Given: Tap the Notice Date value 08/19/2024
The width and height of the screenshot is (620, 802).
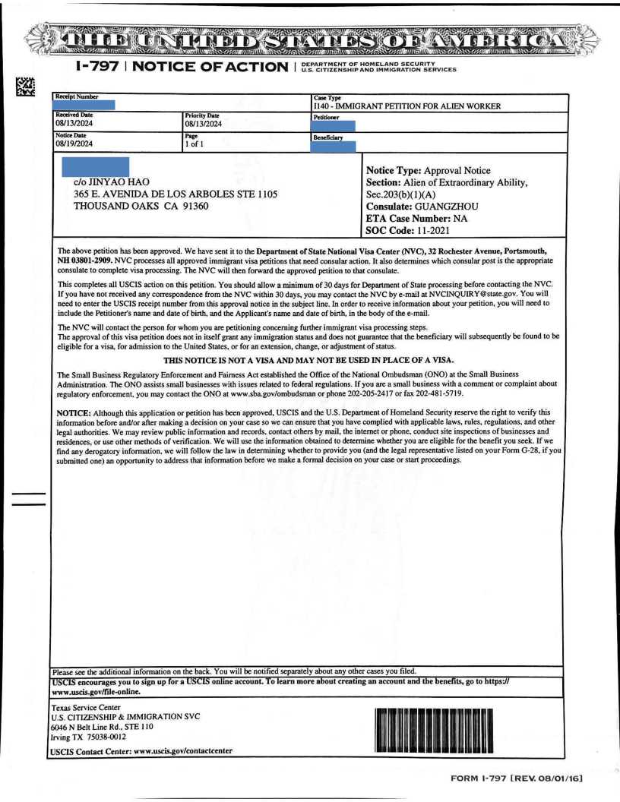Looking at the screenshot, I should [x=74, y=143].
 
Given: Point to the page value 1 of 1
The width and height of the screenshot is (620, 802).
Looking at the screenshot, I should [x=195, y=143].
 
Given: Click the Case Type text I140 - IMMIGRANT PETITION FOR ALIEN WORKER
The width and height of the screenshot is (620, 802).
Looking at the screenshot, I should [x=406, y=106].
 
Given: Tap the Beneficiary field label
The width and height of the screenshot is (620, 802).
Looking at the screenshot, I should [x=327, y=138].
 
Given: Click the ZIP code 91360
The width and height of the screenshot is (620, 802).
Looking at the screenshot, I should [x=180, y=207].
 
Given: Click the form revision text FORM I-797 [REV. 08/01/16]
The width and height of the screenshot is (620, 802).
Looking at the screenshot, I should [x=517, y=778].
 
